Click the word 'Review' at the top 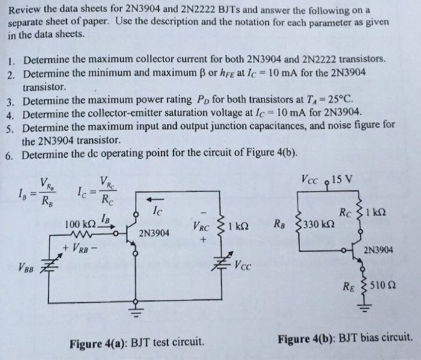(x=26, y=10)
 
